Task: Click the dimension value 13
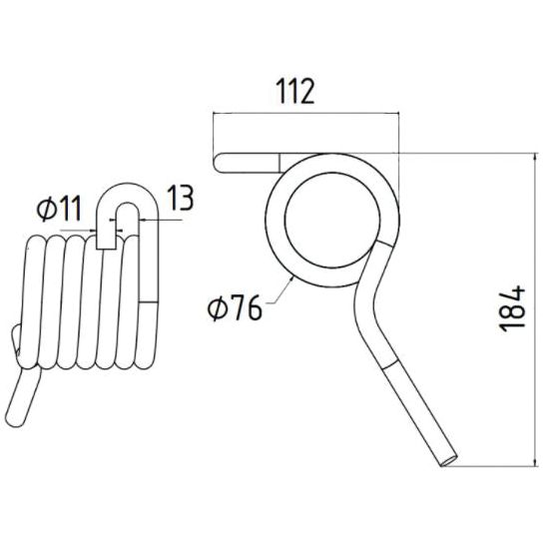[180, 199]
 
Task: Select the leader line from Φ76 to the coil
[278, 290]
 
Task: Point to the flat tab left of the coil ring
[246, 161]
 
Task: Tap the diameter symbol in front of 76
[219, 308]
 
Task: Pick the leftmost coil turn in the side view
[34, 299]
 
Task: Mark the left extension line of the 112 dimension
[214, 140]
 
